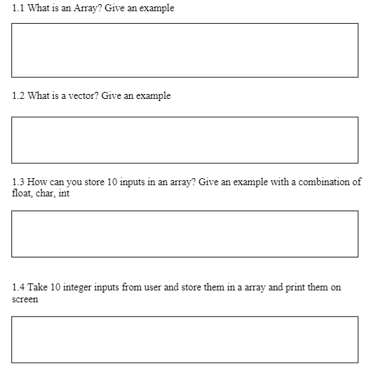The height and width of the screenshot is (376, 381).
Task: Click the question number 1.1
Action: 18,8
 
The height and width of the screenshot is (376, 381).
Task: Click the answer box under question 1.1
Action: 185,50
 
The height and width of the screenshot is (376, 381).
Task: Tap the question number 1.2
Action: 18,95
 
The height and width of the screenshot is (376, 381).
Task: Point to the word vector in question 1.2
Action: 83,95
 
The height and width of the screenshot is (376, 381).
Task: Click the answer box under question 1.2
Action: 185,140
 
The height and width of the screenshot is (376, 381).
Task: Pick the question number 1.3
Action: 18,182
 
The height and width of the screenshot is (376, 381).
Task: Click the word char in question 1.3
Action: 46,194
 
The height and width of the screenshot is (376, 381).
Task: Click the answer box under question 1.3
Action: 185,234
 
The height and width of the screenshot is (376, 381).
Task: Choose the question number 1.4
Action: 18,288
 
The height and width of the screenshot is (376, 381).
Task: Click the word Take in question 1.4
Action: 38,288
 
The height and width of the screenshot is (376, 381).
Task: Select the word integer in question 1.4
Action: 82,288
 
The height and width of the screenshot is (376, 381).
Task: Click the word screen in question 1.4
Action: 26,300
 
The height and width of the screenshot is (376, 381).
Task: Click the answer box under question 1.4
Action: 185,340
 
